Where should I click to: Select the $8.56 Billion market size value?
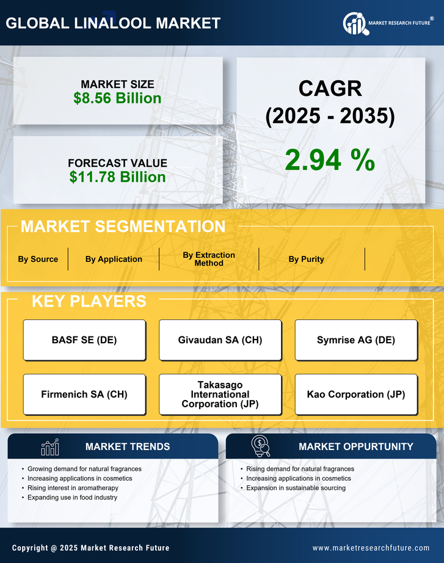point(117,98)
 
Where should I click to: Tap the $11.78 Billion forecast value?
point(117,177)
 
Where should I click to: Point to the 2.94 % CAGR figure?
point(330,160)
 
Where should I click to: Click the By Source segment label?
point(38,259)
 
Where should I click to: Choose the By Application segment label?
point(114,259)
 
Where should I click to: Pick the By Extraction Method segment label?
point(209,259)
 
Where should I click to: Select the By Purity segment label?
point(306,259)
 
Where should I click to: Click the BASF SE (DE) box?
point(84,340)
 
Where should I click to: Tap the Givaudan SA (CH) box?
point(220,340)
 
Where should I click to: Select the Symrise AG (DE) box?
point(356,340)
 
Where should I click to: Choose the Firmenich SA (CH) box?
point(84,394)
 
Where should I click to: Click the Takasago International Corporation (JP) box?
point(220,394)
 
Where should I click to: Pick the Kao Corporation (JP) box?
point(356,394)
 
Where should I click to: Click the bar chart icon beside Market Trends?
point(49,447)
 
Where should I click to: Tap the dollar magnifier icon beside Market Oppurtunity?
point(261,446)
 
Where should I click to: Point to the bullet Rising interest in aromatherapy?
point(73,488)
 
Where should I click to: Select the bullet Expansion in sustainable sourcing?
point(296,488)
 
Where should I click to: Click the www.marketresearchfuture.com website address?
point(371,548)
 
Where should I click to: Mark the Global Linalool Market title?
point(113,23)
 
